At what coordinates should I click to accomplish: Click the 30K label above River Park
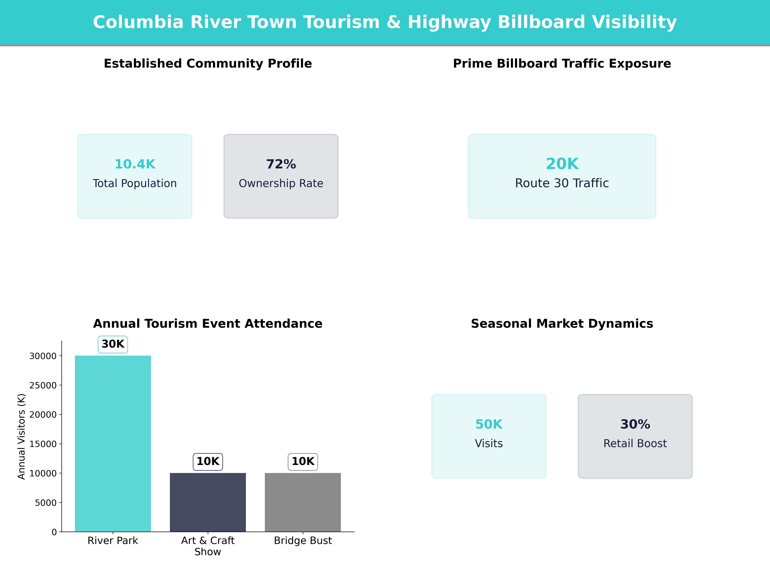(113, 344)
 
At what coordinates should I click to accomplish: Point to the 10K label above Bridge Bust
(303, 462)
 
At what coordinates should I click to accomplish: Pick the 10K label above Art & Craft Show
(208, 462)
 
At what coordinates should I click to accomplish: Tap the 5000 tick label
(46, 503)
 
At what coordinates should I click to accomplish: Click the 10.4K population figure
(135, 164)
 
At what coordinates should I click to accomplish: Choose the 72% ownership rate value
(281, 164)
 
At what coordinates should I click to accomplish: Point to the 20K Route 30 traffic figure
(562, 164)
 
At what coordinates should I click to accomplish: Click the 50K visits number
(489, 424)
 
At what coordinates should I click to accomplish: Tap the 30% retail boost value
(635, 424)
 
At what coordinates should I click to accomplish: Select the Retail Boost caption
(635, 443)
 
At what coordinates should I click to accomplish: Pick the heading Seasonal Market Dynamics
(562, 324)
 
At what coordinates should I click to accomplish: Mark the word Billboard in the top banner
(541, 22)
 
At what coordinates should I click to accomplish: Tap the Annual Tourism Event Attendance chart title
(208, 324)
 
